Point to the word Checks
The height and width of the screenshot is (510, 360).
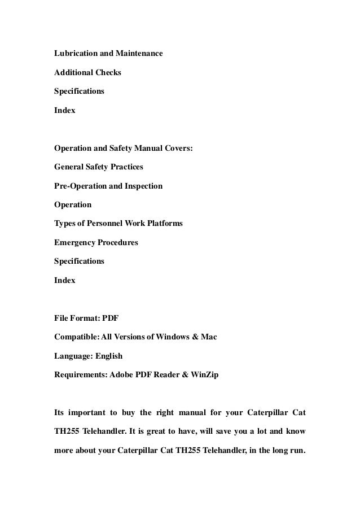click(x=109, y=72)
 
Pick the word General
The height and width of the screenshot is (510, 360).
click(x=69, y=167)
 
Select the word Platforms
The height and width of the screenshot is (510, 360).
click(x=163, y=224)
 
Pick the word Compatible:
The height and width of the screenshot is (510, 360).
click(x=77, y=337)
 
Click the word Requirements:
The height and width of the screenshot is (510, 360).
click(x=81, y=375)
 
